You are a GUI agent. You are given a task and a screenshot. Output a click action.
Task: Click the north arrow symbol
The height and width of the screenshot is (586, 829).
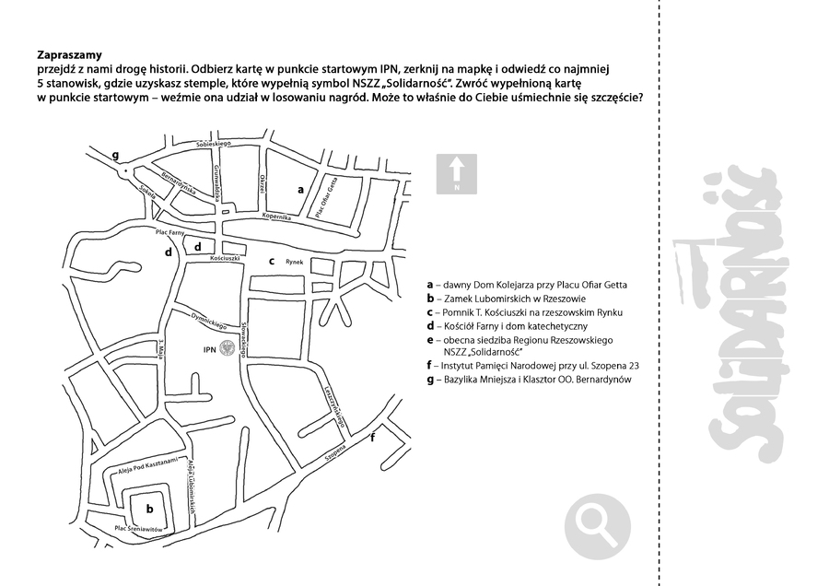tap(456, 173)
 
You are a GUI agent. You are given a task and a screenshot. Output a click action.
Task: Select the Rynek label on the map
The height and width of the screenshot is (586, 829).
tap(294, 261)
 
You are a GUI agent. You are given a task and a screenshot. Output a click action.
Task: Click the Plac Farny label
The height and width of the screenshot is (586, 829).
tap(170, 233)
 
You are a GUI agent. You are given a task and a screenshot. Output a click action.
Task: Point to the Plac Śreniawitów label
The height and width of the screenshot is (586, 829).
tap(138, 528)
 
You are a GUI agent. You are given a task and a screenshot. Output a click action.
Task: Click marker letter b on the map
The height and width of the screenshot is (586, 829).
tap(148, 506)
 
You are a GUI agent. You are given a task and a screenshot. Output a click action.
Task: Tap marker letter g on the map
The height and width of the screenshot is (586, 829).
tap(115, 154)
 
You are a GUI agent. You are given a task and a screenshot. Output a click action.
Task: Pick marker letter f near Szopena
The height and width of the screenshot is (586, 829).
tap(372, 438)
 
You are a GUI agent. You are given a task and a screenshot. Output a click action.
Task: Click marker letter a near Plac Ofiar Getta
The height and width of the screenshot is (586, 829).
tap(300, 188)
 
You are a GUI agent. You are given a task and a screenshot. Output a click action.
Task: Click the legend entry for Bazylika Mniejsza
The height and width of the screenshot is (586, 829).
tap(530, 379)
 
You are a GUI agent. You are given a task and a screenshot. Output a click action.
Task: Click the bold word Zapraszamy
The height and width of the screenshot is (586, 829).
tap(70, 54)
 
